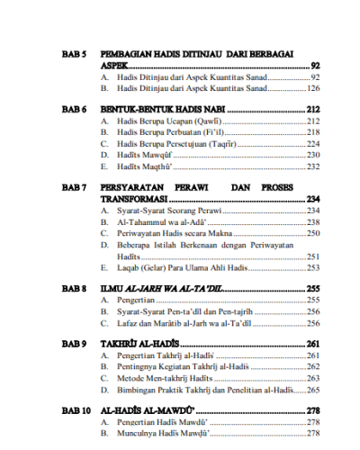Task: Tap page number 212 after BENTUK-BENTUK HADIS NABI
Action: coord(313,108)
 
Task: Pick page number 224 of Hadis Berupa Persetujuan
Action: coord(313,144)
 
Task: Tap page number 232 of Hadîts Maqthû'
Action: coord(313,166)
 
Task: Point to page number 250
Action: coord(313,233)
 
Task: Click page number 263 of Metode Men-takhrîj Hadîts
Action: coord(313,379)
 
